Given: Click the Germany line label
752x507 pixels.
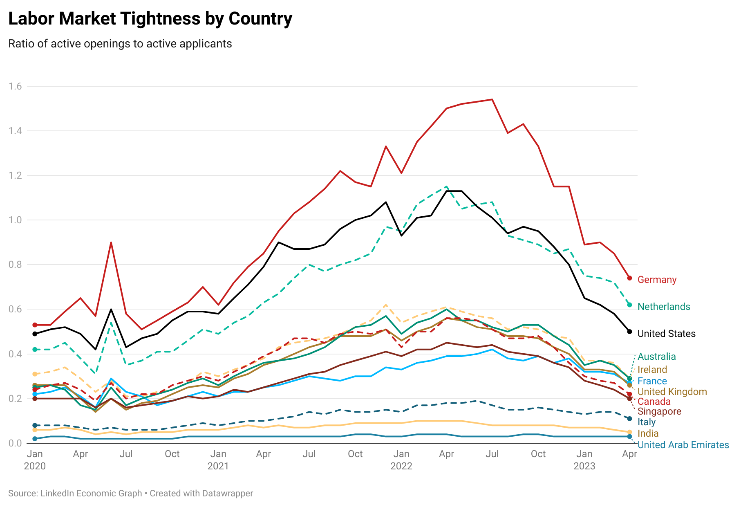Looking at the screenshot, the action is coord(657,280).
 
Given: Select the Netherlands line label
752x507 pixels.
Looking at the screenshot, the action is coord(664,307).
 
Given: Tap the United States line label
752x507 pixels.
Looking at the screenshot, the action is coord(667,334).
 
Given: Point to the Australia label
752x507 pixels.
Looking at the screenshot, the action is coord(657,357).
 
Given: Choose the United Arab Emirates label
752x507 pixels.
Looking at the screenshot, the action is coord(683,445).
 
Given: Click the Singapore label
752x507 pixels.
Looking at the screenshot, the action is coord(659,411).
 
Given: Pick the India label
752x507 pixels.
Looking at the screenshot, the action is coord(648,433).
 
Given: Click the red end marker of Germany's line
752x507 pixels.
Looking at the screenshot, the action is coord(629,278).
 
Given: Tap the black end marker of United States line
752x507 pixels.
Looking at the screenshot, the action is coord(629,332).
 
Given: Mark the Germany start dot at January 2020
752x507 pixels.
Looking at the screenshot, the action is coord(35,325).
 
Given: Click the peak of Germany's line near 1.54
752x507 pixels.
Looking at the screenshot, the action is coord(492,99).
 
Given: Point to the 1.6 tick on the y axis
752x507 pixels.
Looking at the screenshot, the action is coord(15,86).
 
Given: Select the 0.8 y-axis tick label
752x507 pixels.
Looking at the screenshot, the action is coord(15,265).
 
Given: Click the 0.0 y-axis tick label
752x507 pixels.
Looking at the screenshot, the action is coord(15,443).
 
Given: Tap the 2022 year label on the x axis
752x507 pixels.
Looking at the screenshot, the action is coord(401,466).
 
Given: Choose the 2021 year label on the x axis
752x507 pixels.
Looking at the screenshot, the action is coord(218,466).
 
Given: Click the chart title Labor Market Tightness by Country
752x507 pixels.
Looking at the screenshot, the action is coord(150,19).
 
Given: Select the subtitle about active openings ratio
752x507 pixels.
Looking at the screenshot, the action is coord(120,44).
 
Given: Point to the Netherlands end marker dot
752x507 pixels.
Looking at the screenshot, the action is coord(629,305).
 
